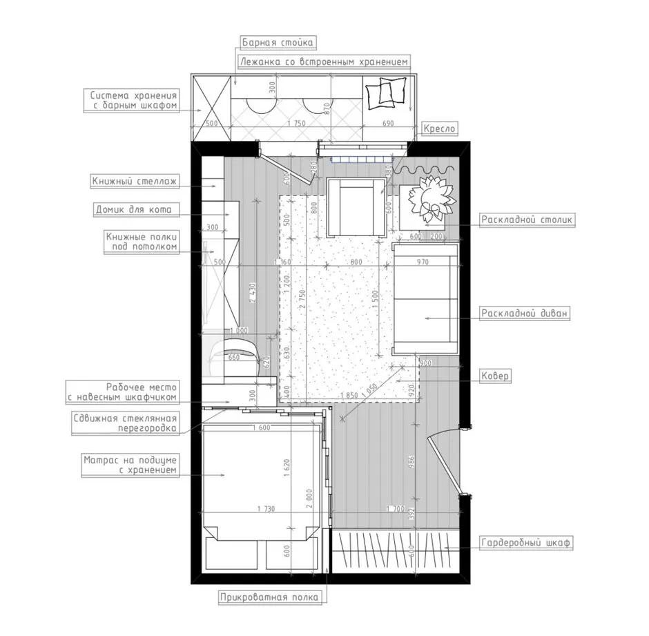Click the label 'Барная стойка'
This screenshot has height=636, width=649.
pyautogui.click(x=278, y=43)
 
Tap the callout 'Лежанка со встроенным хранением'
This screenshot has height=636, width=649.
pyautogui.click(x=324, y=62)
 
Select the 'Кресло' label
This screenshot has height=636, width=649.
pyautogui.click(x=439, y=128)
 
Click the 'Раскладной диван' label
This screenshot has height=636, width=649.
pyautogui.click(x=524, y=314)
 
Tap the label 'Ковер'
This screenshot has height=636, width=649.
pyautogui.click(x=494, y=376)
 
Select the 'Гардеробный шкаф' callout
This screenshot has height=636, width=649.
pyautogui.click(x=525, y=542)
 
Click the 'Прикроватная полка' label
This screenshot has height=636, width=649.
pyautogui.click(x=269, y=597)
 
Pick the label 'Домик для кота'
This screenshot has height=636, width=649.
pyautogui.click(x=134, y=210)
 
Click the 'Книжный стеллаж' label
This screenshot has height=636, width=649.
pyautogui.click(x=135, y=182)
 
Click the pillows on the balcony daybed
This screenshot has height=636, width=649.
pyautogui.click(x=385, y=93)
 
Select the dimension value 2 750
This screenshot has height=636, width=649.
pyautogui.click(x=302, y=300)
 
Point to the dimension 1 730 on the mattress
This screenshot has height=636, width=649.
pyautogui.click(x=266, y=509)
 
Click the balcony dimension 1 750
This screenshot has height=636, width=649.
pyautogui.click(x=296, y=124)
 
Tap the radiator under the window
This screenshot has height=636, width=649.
pyautogui.click(x=360, y=160)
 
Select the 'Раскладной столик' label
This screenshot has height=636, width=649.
pyautogui.click(x=527, y=220)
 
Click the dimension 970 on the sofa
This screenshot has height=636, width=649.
pyautogui.click(x=423, y=262)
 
